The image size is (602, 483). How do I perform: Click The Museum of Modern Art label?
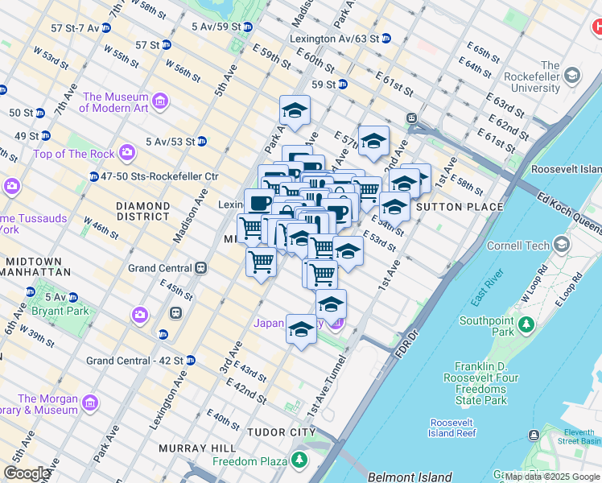pos(115,102)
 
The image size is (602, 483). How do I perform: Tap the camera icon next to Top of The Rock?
pos(126,151)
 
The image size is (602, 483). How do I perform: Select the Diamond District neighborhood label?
pos(142,211)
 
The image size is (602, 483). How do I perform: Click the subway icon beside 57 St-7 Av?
pos(106,27)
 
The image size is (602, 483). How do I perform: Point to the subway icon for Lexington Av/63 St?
pos(386,38)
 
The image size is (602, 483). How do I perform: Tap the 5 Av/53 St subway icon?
pos(202,142)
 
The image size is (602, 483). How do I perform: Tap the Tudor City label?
pos(281,432)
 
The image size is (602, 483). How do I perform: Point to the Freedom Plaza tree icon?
pos(299,460)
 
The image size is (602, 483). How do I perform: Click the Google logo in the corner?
pos(27,473)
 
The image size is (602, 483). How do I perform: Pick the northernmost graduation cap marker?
pos(295,109)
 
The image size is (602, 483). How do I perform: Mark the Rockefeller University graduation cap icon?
pos(572,76)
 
